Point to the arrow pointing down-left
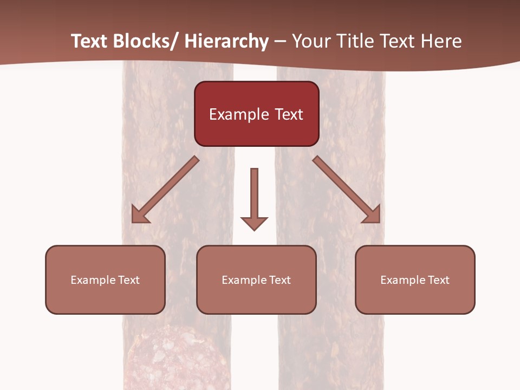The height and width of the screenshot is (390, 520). point(165,190)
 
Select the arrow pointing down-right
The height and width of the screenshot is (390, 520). point(347,190)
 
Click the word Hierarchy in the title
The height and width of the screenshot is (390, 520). point(226,42)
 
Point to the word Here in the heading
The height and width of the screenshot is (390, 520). point(441,42)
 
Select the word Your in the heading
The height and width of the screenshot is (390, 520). point(311,42)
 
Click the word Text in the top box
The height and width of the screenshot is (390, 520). point(288,114)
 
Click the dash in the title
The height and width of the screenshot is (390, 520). point(281,42)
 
